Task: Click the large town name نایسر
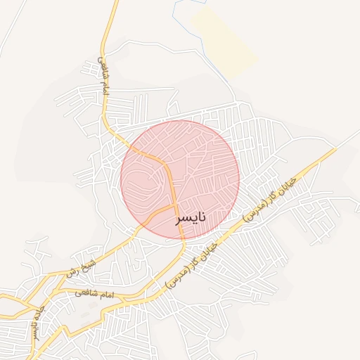click(191, 218)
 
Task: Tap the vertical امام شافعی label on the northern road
click(103, 77)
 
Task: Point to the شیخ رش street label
click(79, 268)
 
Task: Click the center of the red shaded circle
click(180, 179)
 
